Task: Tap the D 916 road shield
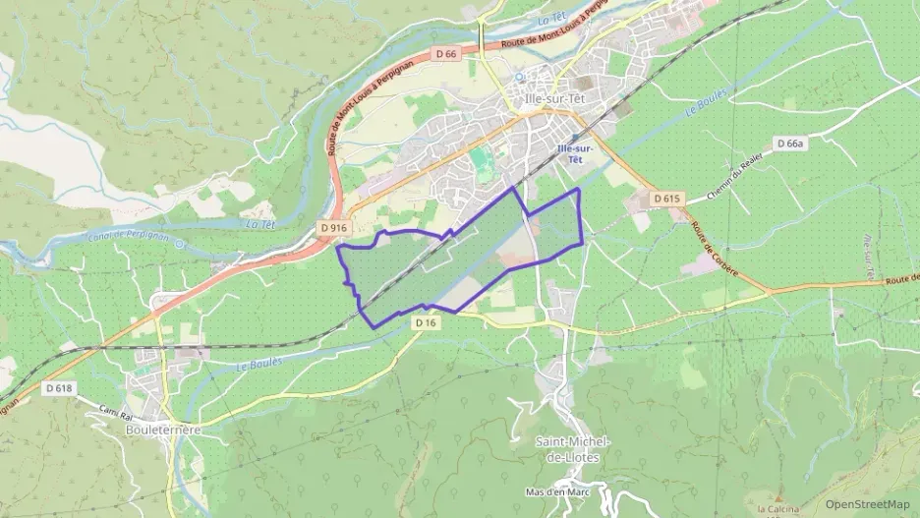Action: point(333,228)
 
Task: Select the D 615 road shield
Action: point(665,199)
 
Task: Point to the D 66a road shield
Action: point(789,144)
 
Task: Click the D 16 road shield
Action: point(425,321)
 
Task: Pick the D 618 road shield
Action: point(59,388)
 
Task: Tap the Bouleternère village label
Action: point(163,430)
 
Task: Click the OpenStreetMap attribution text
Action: point(867,504)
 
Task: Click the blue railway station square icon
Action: point(574,139)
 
